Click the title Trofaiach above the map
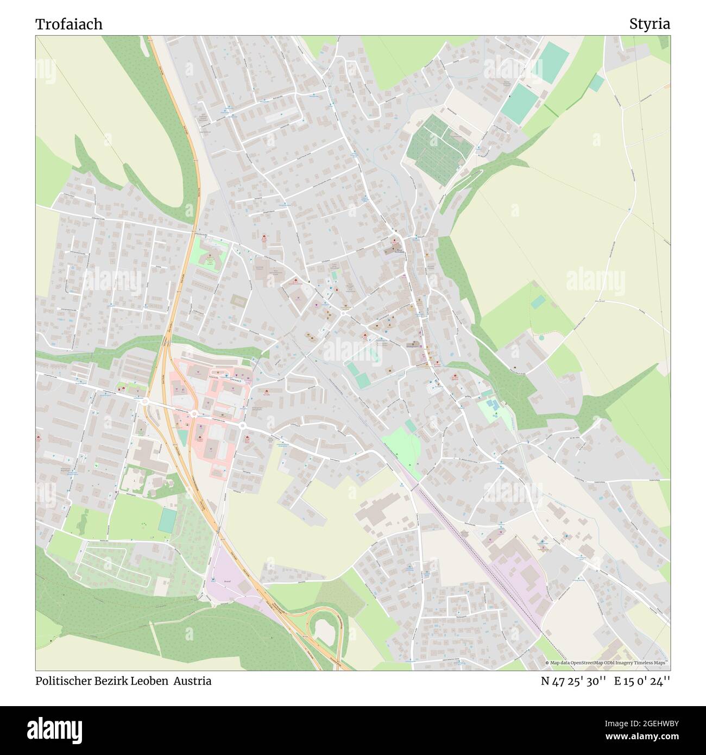(x=69, y=24)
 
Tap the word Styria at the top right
(x=650, y=24)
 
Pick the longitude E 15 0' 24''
(x=642, y=681)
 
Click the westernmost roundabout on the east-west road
(x=146, y=401)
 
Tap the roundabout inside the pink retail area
(x=193, y=414)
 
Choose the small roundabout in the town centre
(x=344, y=313)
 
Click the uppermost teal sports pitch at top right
(x=553, y=62)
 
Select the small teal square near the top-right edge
(x=596, y=83)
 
